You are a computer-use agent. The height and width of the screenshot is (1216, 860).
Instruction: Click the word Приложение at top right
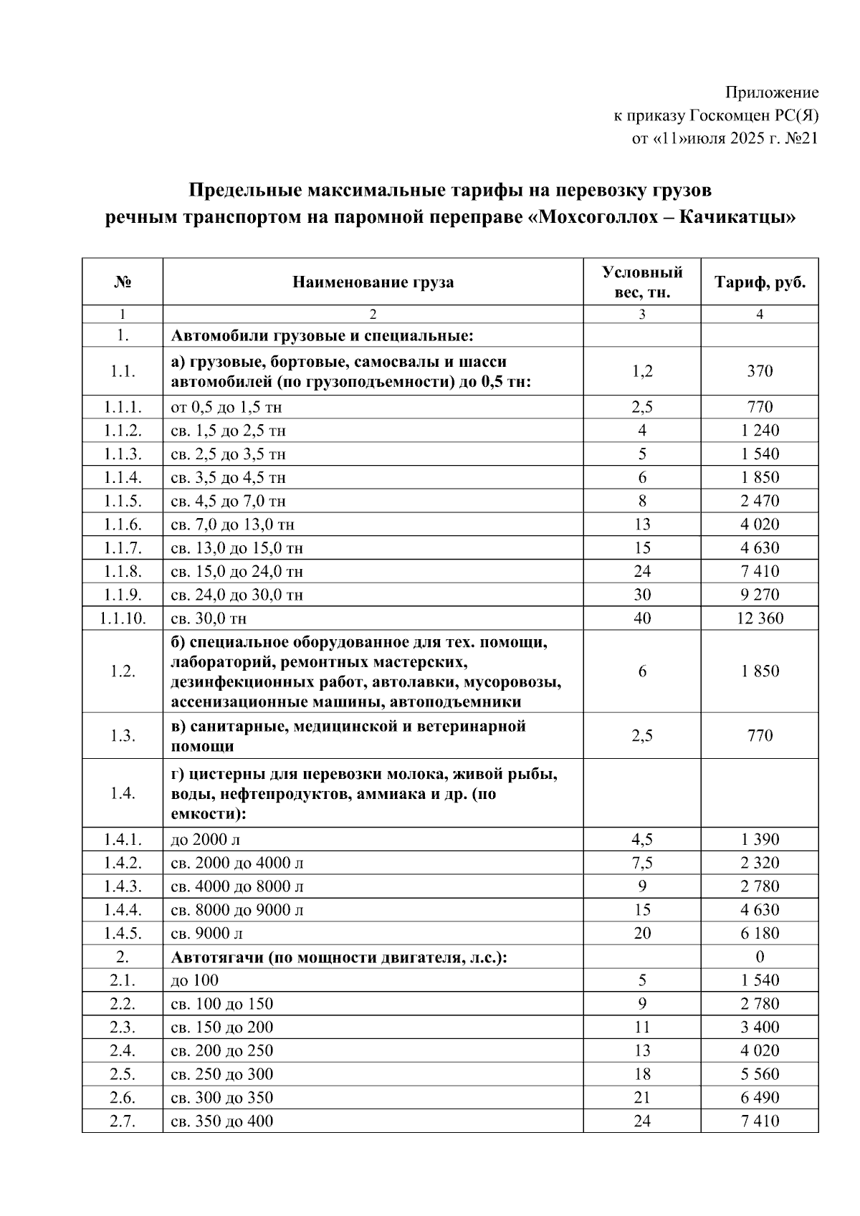[771, 92]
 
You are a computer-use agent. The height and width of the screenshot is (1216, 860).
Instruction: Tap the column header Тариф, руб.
[760, 282]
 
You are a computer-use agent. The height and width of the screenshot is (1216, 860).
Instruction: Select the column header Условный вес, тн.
[641, 282]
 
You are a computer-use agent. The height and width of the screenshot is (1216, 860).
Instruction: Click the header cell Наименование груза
[373, 282]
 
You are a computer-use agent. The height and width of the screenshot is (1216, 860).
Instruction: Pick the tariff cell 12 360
[760, 618]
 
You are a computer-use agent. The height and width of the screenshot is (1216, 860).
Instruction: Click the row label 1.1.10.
[123, 618]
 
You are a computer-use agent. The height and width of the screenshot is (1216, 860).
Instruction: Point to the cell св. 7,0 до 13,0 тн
[233, 525]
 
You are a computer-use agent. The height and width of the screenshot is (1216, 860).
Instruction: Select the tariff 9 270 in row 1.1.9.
[760, 595]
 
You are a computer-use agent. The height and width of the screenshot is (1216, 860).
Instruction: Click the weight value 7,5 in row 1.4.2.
[641, 863]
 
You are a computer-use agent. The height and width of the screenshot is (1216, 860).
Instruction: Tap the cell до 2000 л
[210, 839]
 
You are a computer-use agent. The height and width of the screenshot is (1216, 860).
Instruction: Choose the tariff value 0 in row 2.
[760, 957]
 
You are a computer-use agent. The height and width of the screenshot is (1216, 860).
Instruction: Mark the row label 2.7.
[123, 1121]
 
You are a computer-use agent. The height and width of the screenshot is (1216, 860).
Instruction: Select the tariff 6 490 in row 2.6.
[760, 1098]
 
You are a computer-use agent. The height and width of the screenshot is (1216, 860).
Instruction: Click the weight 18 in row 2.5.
[641, 1074]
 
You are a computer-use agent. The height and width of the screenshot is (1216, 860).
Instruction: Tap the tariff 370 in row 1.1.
[760, 371]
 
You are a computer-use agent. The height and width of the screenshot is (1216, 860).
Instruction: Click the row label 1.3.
[123, 736]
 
